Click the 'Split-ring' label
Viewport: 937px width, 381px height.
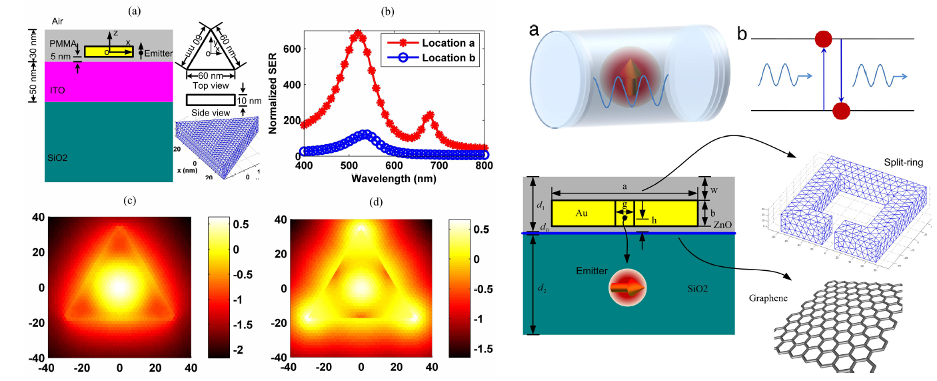[894, 163]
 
